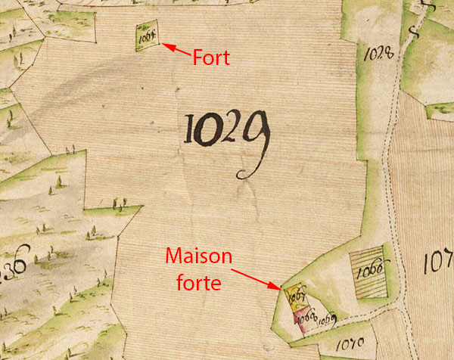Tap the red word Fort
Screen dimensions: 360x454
click(211, 57)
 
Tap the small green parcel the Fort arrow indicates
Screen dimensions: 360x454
click(145, 36)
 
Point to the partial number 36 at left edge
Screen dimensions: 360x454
click(14, 267)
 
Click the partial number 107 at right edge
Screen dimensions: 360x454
click(439, 264)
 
